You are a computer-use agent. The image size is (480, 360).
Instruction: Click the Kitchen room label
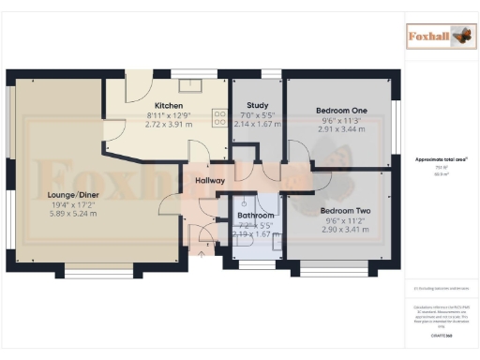169,105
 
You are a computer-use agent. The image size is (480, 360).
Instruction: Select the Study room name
257,106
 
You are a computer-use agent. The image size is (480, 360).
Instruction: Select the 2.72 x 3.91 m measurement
169,124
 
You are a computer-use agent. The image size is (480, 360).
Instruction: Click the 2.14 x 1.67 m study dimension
257,124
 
